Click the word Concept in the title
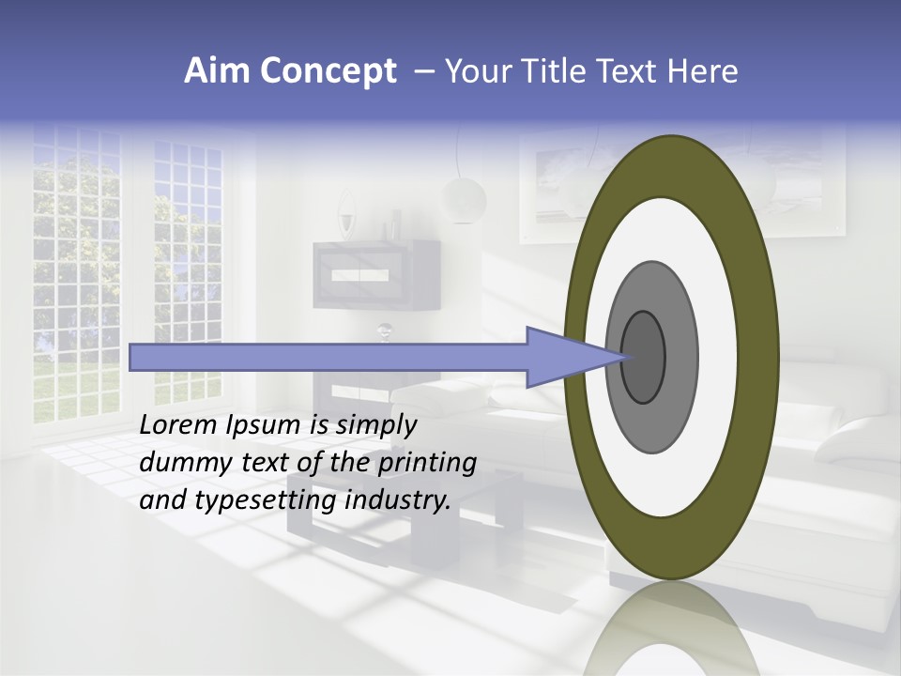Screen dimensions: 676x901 click(x=328, y=71)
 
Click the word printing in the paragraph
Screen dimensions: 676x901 click(x=427, y=463)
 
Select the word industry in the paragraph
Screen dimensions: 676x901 click(x=398, y=500)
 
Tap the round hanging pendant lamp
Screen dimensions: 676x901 click(x=464, y=198)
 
